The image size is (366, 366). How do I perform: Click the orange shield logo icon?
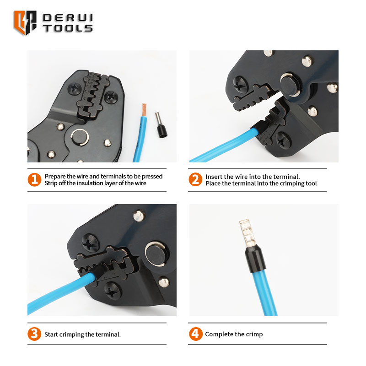tap(25, 22)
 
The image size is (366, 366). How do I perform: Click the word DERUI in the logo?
tap(68, 18)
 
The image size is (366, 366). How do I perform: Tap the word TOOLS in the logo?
tap(68, 28)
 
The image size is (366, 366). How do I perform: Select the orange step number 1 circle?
tap(34, 179)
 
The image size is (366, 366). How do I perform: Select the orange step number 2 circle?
tap(195, 179)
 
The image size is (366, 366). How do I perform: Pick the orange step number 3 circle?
tap(34, 334)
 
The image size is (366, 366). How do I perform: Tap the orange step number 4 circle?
tap(196, 334)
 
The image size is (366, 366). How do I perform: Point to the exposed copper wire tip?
tap(144, 110)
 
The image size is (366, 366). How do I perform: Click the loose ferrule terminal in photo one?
tap(161, 125)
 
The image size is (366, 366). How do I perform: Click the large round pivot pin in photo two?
tap(290, 85)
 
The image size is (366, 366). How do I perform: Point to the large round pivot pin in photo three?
tap(155, 254)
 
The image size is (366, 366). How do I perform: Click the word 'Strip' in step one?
tap(51, 183)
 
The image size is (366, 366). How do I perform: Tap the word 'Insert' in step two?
tap(214, 177)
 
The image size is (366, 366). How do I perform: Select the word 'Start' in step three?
tap(51, 334)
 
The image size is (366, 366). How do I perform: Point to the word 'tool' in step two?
tap(311, 183)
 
